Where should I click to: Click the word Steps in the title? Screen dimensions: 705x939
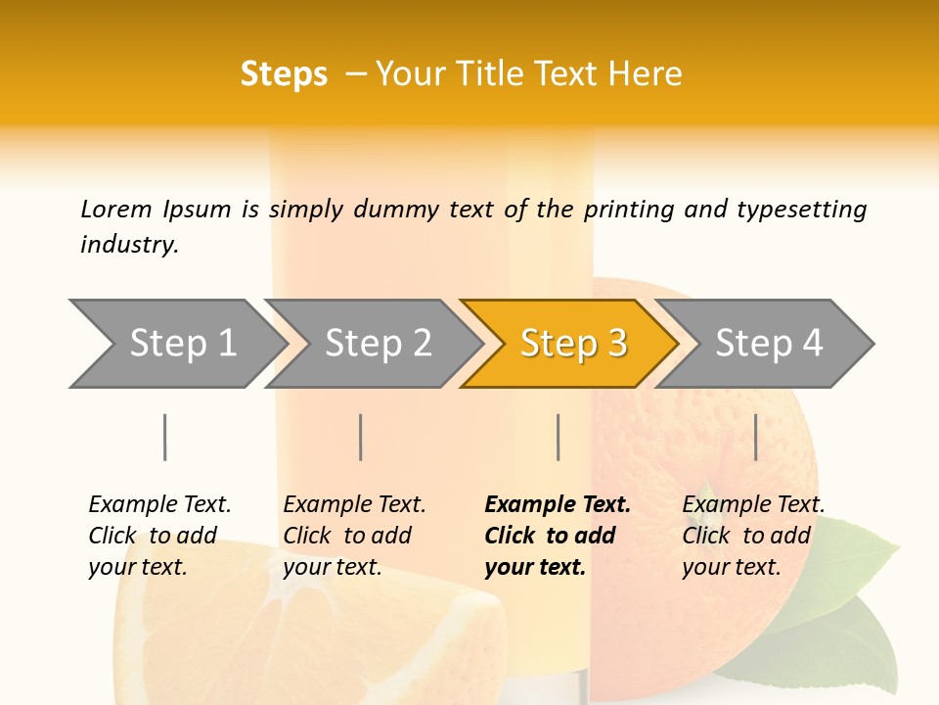click(x=284, y=74)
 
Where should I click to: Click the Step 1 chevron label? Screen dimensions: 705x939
click(x=183, y=343)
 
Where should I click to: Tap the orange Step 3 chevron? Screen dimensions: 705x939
click(x=573, y=343)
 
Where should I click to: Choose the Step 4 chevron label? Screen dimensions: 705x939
click(x=769, y=343)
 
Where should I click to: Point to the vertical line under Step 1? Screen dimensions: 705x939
click(x=165, y=437)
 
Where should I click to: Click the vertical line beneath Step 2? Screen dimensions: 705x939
click(x=361, y=437)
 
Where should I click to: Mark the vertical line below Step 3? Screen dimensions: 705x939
click(x=558, y=437)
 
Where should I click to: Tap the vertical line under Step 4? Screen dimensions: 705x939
click(x=756, y=437)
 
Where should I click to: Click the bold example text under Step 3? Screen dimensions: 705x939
click(x=556, y=536)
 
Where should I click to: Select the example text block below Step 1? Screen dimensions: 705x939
click(x=158, y=536)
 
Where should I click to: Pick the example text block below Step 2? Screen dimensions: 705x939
click(x=353, y=536)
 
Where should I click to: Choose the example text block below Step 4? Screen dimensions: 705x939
click(x=752, y=536)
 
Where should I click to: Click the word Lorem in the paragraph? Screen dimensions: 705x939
click(x=115, y=209)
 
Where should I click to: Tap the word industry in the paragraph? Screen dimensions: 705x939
click(x=128, y=245)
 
